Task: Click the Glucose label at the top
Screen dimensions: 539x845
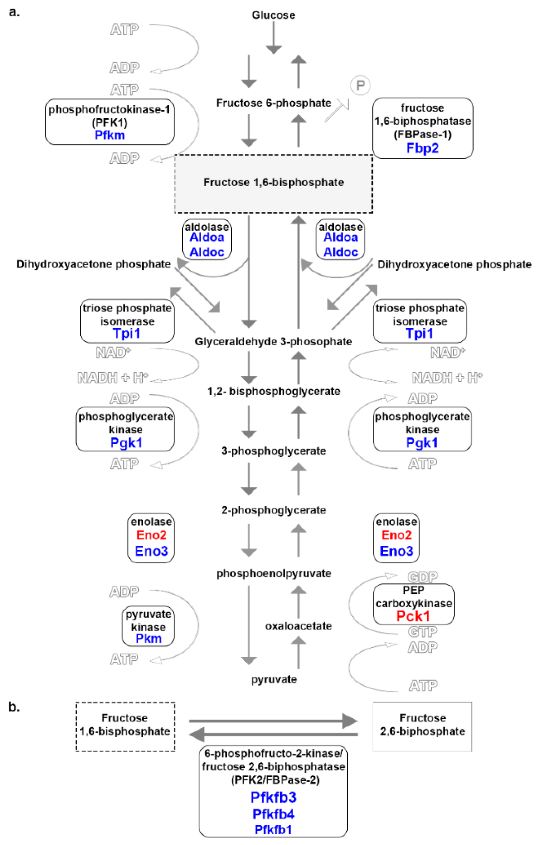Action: [x=273, y=15]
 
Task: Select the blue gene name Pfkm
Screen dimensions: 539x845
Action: [x=110, y=135]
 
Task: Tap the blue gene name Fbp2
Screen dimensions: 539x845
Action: [x=422, y=148]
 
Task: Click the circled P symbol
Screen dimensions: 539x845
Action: [x=360, y=85]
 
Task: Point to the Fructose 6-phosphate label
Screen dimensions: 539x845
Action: [x=273, y=103]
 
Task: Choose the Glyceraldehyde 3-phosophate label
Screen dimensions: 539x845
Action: [x=273, y=341]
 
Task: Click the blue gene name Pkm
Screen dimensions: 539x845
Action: [x=148, y=638]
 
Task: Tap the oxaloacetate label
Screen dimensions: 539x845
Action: [x=298, y=626]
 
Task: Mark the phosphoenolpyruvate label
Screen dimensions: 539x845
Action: [x=273, y=574]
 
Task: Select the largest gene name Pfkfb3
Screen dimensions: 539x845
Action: [x=273, y=797]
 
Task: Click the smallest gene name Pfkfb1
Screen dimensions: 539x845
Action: [x=273, y=830]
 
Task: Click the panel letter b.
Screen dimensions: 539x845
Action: [x=14, y=707]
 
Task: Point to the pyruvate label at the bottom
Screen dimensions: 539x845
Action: [x=274, y=679]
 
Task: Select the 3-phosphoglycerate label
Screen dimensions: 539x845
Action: [x=273, y=451]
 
